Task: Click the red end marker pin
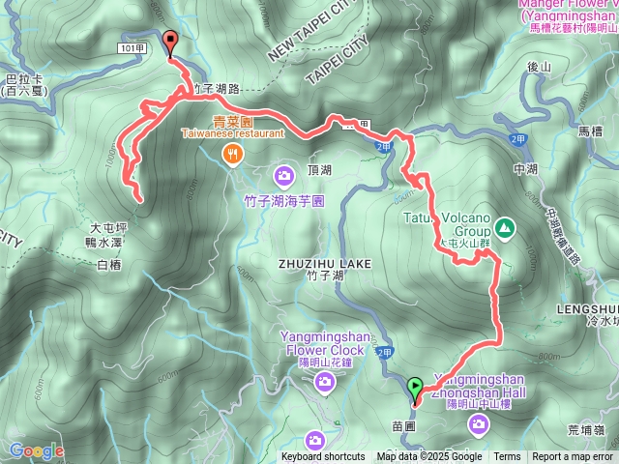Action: [172, 43]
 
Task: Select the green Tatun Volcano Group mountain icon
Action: [503, 228]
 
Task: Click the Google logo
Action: [36, 450]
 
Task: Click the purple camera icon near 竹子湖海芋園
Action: [284, 175]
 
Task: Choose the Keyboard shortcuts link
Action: [323, 457]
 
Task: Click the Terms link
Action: [507, 457]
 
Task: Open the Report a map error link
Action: [573, 457]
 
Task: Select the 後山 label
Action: [539, 67]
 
